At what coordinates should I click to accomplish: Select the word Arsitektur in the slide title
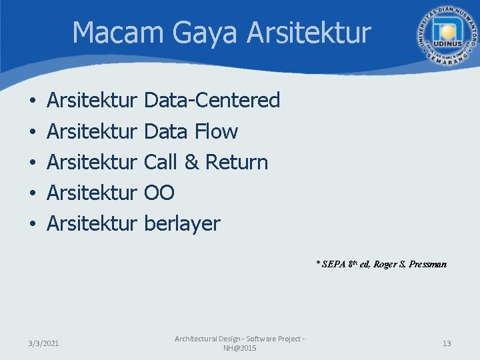(309, 33)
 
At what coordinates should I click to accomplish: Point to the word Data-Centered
(212, 101)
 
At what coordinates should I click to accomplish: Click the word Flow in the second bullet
(216, 131)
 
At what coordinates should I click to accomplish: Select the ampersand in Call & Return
(191, 162)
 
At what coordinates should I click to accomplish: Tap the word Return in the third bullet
(237, 162)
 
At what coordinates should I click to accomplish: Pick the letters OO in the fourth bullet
(159, 193)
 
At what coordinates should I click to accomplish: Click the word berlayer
(182, 224)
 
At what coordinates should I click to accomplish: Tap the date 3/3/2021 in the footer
(43, 343)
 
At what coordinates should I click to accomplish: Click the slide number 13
(447, 343)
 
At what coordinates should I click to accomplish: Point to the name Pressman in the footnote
(429, 264)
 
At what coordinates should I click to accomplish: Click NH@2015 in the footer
(239, 349)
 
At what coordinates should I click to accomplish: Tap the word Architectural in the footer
(197, 339)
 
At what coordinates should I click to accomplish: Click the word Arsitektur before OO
(91, 193)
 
